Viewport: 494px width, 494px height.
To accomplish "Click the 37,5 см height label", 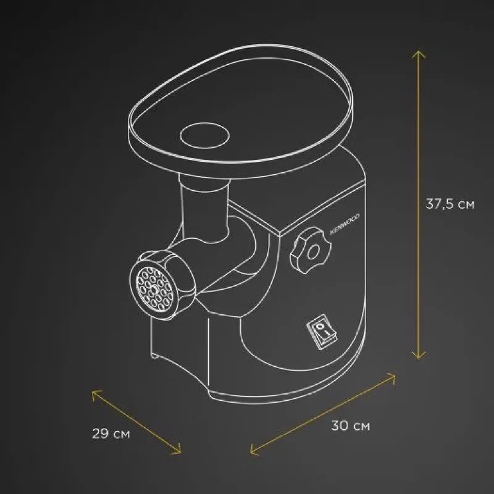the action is [x=450, y=204].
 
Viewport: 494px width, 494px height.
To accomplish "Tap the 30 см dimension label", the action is [x=350, y=426].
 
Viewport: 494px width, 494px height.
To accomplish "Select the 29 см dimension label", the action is [x=111, y=433].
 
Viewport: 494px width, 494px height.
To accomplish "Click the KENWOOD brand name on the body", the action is [x=345, y=224].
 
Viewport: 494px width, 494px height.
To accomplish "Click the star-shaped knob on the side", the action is [x=311, y=250].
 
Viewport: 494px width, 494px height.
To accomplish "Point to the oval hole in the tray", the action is [x=204, y=135].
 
